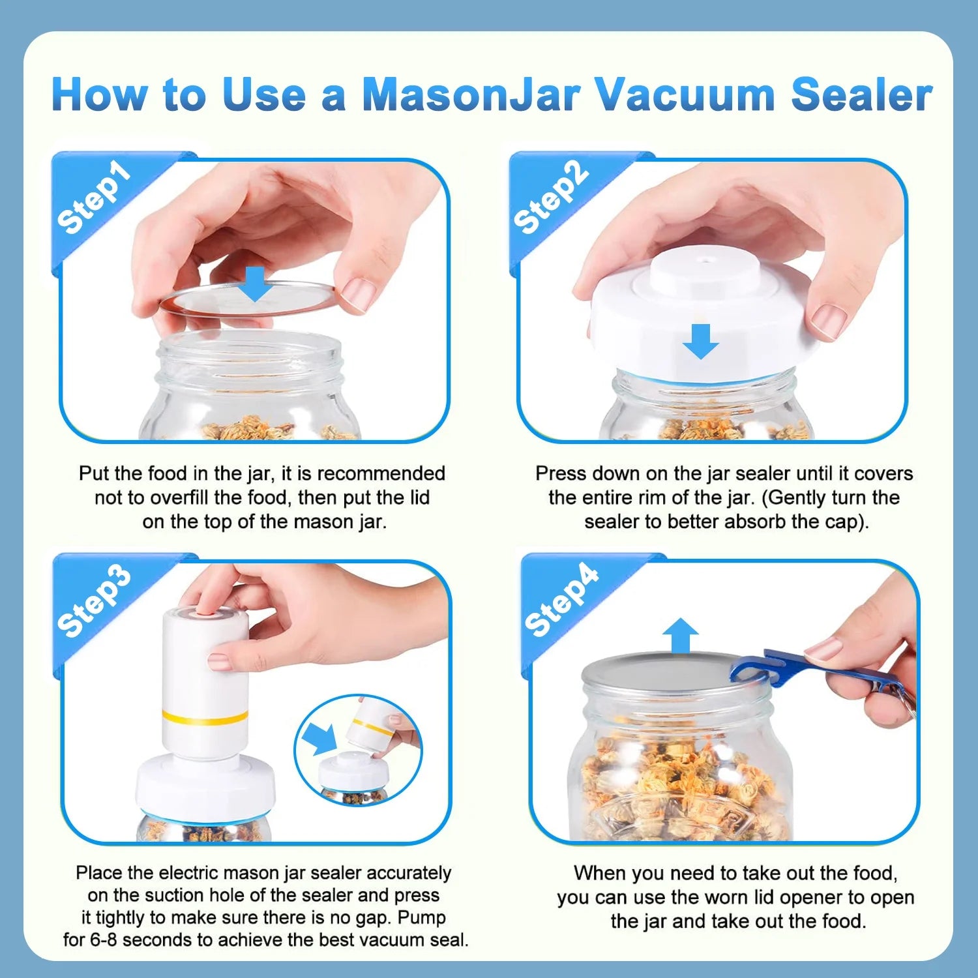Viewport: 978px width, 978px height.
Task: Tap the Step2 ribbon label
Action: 551,198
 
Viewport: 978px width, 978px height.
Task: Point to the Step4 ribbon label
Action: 561,600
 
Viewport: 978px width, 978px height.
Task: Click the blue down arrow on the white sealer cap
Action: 701,341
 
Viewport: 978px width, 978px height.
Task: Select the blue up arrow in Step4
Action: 680,635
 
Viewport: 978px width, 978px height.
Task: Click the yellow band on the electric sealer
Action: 205,718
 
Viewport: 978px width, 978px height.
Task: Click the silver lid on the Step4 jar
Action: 652,672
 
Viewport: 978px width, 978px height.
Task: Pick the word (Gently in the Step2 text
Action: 793,497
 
